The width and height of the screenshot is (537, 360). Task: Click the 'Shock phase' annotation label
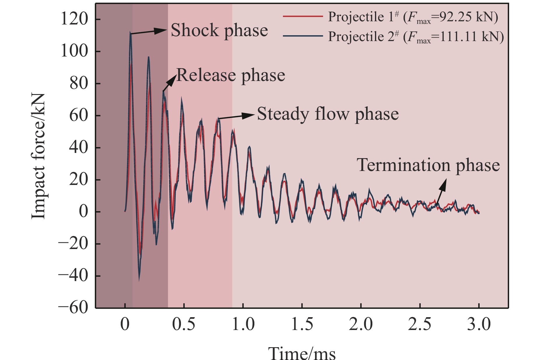(219, 30)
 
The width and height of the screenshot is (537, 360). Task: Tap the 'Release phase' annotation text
(230, 75)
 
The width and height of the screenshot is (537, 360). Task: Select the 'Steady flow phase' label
(328, 114)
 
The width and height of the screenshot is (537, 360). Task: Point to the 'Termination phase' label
(428, 165)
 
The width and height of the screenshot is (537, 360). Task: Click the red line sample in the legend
(303, 17)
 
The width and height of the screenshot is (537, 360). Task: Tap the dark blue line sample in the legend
(303, 36)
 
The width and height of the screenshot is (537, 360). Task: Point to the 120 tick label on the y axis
(74, 19)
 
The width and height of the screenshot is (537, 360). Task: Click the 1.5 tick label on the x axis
(302, 324)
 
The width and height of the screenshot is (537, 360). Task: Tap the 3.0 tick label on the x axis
(479, 324)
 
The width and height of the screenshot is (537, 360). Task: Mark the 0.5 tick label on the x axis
(184, 324)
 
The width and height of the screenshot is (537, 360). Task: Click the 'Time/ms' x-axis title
(302, 353)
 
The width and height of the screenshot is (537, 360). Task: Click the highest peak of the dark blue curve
(131, 33)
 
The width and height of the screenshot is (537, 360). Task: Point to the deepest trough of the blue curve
(139, 280)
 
